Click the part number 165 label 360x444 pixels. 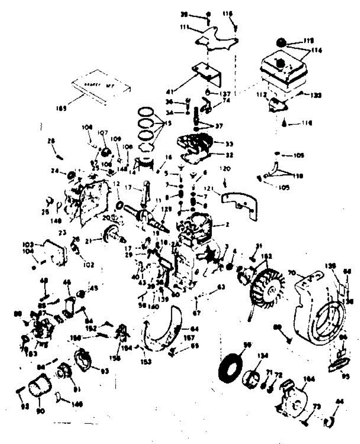coord(61,108)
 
